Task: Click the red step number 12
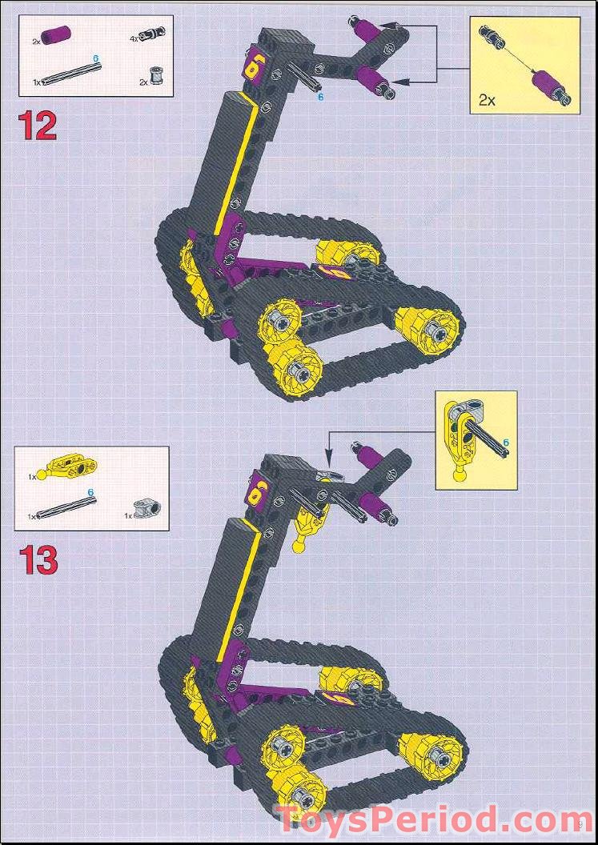[37, 126]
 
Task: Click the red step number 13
[38, 559]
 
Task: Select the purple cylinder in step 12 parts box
[58, 35]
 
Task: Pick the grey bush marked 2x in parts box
[157, 78]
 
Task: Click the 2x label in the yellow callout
[488, 100]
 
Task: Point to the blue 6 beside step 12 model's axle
[320, 97]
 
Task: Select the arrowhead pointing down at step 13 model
[327, 462]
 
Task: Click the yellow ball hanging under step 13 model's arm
[299, 547]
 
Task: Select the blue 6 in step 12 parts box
[96, 59]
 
